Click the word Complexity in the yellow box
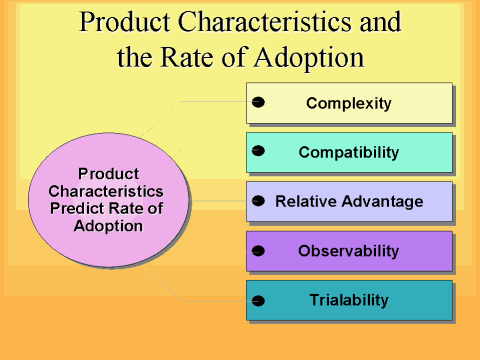click(x=348, y=103)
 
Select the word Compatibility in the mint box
click(x=348, y=153)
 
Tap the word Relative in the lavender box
click(x=304, y=202)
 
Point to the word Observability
click(x=348, y=250)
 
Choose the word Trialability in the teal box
click(x=348, y=299)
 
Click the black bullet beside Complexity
click(x=258, y=103)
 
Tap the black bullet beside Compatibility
click(x=258, y=152)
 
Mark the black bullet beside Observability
click(x=258, y=250)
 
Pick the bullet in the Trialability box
click(x=258, y=300)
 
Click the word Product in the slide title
click(x=124, y=22)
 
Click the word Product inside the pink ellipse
click(x=107, y=173)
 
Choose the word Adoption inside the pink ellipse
click(x=107, y=225)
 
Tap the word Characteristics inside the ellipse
click(x=107, y=190)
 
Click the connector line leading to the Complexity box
click(x=215, y=101)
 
